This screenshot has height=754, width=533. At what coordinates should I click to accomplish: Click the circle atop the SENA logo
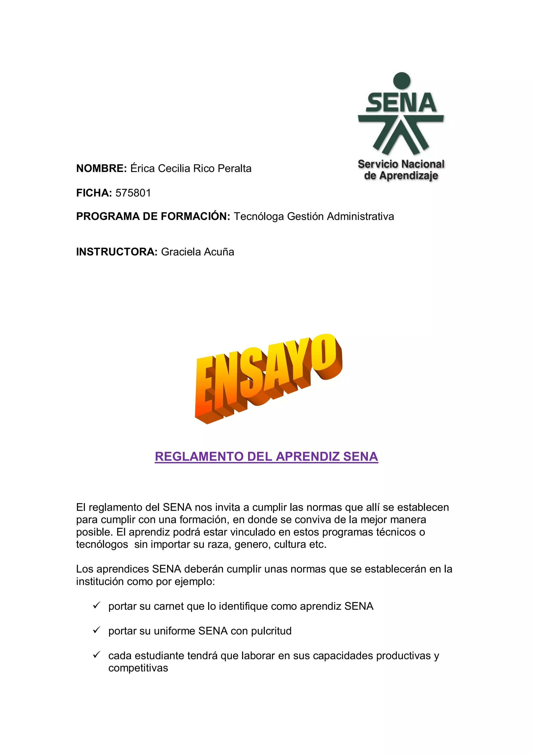pos(401,81)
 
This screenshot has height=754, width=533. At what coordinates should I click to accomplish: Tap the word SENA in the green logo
pos(401,103)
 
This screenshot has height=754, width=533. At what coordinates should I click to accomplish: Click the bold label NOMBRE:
pos(101,168)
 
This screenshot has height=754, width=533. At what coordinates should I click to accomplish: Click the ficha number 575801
pos(133,193)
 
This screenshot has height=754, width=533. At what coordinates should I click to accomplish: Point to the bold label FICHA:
pos(94,193)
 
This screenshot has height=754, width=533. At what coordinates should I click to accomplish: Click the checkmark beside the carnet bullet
pos(96,605)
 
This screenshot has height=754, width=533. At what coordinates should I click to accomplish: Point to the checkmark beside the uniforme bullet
pos(96,630)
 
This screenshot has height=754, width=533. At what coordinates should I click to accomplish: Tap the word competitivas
pos(138,668)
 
